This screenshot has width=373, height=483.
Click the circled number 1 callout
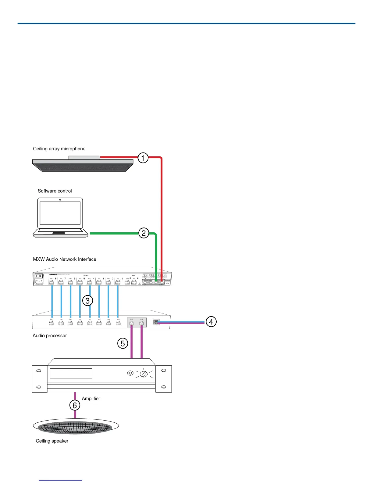(143, 158)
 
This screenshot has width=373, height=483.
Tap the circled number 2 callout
(144, 233)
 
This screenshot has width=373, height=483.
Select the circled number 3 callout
(87, 301)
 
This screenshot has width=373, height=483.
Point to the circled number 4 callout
(211, 322)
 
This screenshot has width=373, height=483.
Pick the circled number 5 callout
(123, 344)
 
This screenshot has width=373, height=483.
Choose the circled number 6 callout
(75, 406)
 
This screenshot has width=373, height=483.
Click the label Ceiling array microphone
(59, 149)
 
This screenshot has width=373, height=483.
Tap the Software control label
(55, 191)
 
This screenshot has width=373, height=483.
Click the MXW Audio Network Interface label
(65, 259)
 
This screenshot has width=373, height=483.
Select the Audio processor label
(50, 336)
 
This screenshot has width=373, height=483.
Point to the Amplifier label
(91, 399)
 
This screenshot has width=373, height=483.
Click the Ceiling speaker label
(52, 441)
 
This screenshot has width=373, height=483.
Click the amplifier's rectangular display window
(71, 374)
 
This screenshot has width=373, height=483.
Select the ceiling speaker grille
(75, 428)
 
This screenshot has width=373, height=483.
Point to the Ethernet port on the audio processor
(156, 322)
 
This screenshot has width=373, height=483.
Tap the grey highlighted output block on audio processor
(137, 322)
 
